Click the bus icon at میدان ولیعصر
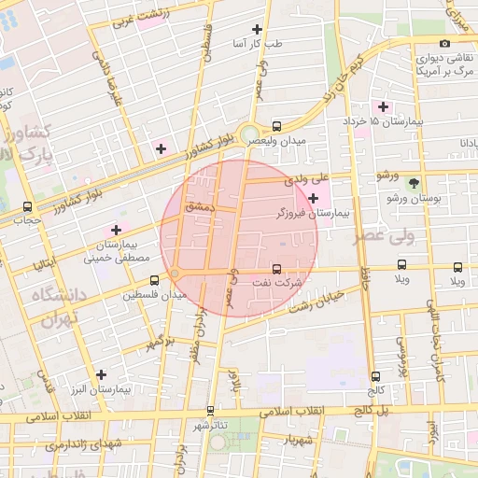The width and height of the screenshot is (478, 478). [276, 126]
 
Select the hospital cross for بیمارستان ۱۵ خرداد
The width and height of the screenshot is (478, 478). [382, 106]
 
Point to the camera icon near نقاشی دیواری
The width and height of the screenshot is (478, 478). [444, 43]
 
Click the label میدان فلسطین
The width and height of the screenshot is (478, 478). [155, 295]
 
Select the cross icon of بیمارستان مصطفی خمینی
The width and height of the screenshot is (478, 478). [116, 230]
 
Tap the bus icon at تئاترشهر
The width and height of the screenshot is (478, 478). [210, 410]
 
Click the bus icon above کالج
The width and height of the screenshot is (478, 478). [375, 376]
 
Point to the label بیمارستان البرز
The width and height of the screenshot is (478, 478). [103, 388]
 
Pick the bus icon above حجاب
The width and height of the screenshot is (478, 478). [26, 207]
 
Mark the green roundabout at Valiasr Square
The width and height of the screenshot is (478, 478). [250, 134]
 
